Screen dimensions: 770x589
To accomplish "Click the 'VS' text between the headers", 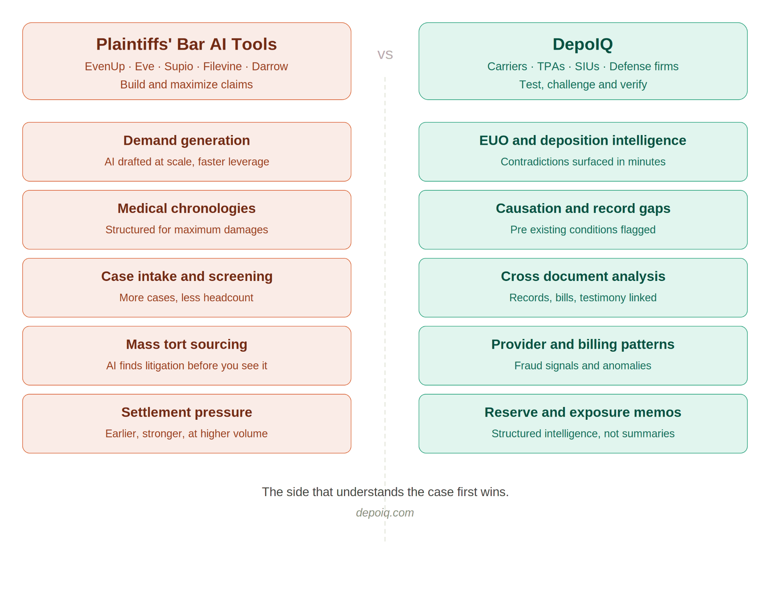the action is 385,55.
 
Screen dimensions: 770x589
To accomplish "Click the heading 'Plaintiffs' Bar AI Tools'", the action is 186,44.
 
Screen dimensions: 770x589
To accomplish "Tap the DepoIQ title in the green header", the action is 583,44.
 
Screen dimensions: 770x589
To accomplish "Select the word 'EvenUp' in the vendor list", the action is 105,67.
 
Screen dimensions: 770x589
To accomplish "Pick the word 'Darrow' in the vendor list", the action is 270,67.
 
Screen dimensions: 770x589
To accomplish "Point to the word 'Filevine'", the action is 223,67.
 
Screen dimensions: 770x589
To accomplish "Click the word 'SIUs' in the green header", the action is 587,67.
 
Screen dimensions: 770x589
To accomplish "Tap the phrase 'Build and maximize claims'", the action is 186,85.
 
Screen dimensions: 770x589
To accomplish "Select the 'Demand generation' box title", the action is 187,141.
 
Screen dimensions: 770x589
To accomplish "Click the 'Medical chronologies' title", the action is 187,209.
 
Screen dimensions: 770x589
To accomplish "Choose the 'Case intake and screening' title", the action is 187,277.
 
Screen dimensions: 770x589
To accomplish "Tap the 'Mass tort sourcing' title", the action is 187,345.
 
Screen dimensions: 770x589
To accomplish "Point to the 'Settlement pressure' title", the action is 187,413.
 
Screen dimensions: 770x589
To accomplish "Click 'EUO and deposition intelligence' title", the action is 583,141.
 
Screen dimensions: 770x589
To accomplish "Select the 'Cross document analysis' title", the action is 583,277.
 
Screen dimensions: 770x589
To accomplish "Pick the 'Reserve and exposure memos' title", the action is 583,413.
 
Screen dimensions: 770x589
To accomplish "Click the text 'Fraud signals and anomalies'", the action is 583,366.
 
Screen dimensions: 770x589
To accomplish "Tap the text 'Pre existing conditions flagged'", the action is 583,230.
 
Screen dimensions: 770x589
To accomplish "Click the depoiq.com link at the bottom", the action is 385,513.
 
